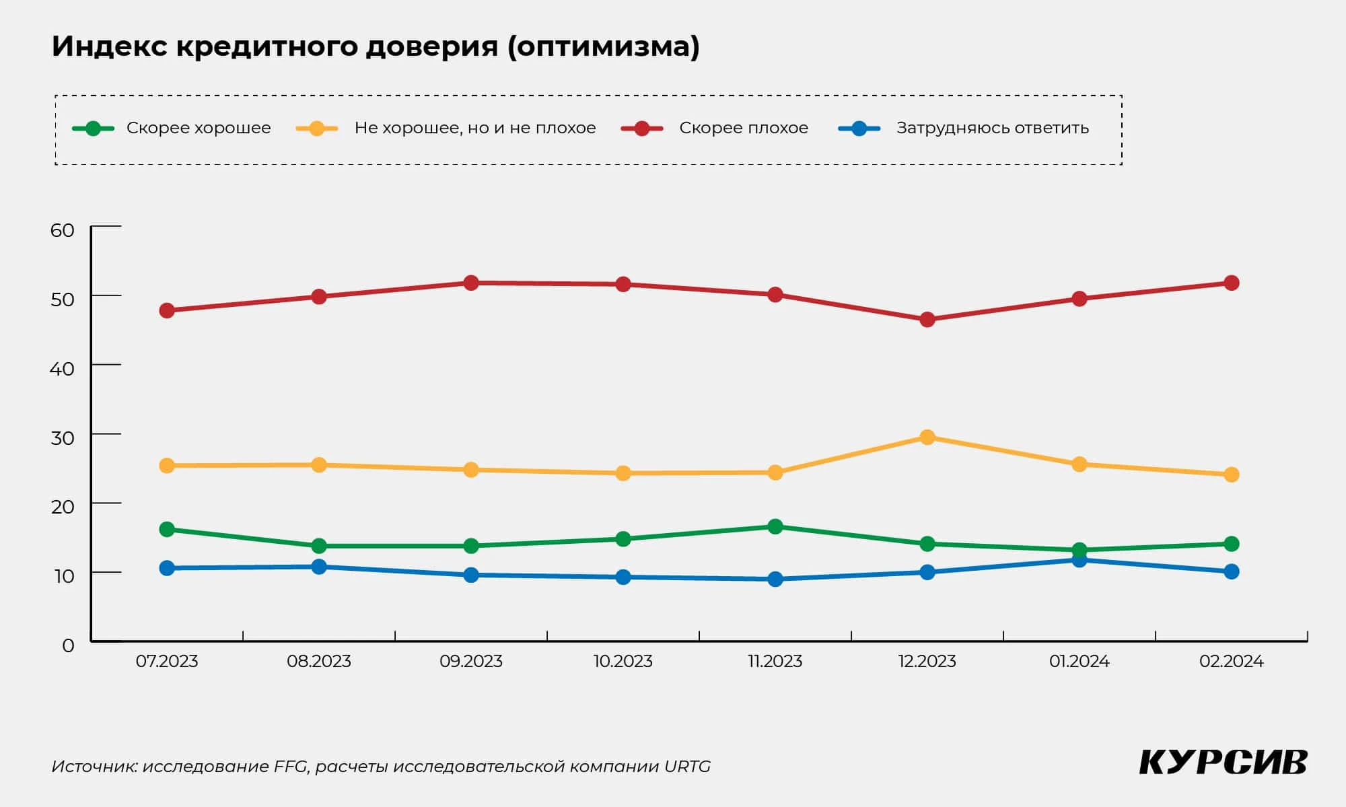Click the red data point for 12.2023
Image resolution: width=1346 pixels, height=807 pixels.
(x=927, y=320)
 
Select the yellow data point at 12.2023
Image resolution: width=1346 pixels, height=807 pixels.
(x=927, y=437)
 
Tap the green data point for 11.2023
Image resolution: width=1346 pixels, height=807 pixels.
(x=775, y=526)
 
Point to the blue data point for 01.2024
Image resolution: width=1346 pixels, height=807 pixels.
(x=1079, y=560)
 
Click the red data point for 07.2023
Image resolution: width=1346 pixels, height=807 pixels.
(x=167, y=310)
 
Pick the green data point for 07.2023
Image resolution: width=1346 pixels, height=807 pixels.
(x=167, y=530)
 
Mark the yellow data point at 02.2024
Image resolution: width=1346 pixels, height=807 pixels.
(x=1231, y=475)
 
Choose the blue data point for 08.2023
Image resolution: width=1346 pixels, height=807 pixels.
(x=319, y=567)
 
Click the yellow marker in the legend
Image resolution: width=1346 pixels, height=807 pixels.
(x=317, y=129)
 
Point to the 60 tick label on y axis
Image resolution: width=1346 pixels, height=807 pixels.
(x=62, y=230)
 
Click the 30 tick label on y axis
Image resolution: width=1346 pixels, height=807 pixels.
(x=62, y=438)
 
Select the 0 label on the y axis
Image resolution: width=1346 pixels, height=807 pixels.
(x=68, y=645)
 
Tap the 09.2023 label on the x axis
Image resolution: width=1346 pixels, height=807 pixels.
(x=471, y=662)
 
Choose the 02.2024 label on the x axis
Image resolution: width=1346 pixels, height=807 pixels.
(x=1231, y=662)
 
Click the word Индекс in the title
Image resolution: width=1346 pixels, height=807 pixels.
(x=109, y=46)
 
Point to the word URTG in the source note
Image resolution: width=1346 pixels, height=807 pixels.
(x=687, y=767)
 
